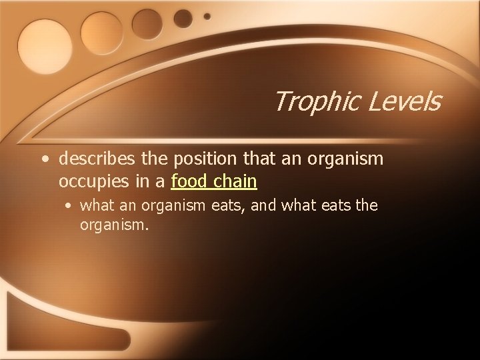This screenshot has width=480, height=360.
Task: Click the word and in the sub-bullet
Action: pos(265,205)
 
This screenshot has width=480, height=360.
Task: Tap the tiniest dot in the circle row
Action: pos(207,15)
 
